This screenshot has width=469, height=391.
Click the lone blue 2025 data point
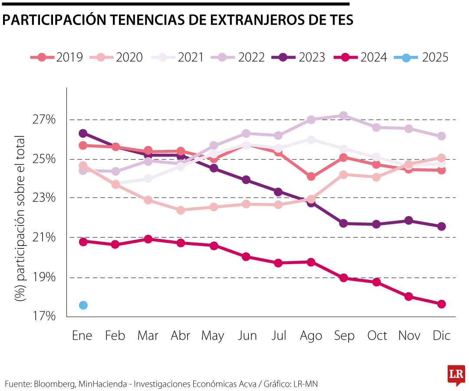(x=83, y=305)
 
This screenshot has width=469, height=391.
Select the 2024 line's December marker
(x=441, y=304)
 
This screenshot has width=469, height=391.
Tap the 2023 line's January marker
(x=83, y=133)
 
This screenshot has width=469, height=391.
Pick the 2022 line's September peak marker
(x=343, y=116)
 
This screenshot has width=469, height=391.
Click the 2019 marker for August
(x=311, y=176)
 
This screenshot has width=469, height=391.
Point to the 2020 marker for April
(x=181, y=210)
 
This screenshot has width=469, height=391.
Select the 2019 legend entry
(x=56, y=57)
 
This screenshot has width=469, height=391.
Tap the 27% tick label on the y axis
(x=44, y=119)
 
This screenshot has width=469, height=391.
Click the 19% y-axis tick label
(x=44, y=277)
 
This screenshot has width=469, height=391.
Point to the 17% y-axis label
(x=44, y=316)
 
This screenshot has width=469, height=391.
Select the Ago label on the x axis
(x=311, y=336)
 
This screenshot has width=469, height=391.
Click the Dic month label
(x=441, y=336)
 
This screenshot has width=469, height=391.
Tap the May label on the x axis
(x=213, y=336)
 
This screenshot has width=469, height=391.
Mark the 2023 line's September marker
(x=343, y=223)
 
